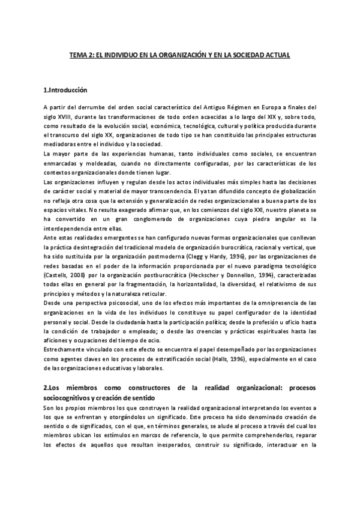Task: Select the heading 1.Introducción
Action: (65, 90)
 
